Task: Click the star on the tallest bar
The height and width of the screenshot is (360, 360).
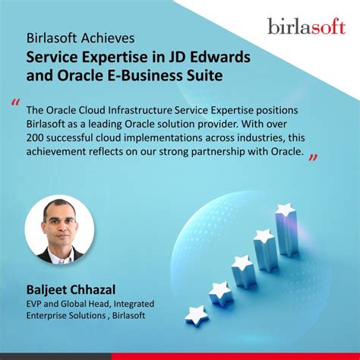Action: pyautogui.click(x=286, y=209)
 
